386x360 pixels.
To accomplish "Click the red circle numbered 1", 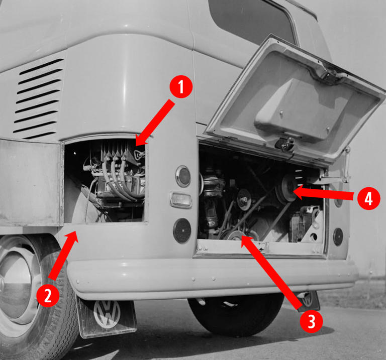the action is [x=181, y=87].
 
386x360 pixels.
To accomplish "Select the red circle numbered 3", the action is [x=311, y=321].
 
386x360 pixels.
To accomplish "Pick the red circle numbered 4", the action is [x=368, y=198].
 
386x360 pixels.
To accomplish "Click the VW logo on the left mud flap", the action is [x=107, y=314].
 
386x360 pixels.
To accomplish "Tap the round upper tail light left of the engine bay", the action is [x=183, y=176].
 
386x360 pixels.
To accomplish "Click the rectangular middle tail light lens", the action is [x=181, y=199].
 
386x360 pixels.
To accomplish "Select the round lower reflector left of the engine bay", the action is [x=182, y=230].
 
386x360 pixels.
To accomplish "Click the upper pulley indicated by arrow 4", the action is [x=287, y=189].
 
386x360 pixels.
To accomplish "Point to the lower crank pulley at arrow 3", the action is [x=236, y=235].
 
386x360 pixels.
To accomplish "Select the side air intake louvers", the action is [x=38, y=98].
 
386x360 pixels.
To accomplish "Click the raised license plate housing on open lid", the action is [x=302, y=108].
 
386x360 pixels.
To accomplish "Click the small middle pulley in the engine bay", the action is [x=244, y=200].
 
